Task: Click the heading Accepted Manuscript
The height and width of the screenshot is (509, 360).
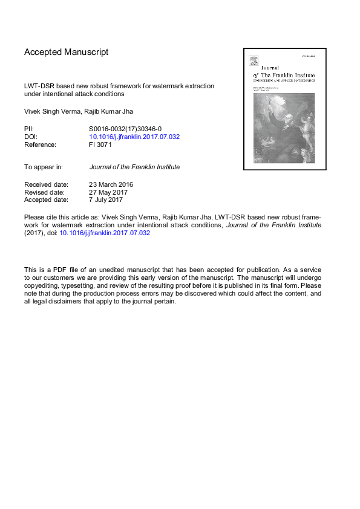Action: [x=67, y=52]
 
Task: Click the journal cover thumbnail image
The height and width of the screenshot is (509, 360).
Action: [x=284, y=109]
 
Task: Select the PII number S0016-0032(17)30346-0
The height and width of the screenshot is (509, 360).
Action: [x=125, y=129]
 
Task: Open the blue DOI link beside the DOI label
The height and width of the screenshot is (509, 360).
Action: [x=134, y=137]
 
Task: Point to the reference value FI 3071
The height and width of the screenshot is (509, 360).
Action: [x=101, y=144]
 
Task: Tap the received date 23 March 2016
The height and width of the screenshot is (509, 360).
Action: [x=111, y=184]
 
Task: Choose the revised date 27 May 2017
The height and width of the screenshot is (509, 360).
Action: [x=110, y=192]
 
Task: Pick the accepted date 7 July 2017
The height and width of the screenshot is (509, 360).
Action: [x=106, y=199]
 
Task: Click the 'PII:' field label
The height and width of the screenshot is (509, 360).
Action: [x=29, y=129]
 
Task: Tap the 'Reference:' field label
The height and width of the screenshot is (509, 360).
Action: [x=40, y=144]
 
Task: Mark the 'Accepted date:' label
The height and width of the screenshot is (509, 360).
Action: [x=46, y=199]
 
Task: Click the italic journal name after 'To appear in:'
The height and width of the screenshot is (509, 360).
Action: [x=134, y=167]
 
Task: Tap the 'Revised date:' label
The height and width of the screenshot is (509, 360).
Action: [x=45, y=192]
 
